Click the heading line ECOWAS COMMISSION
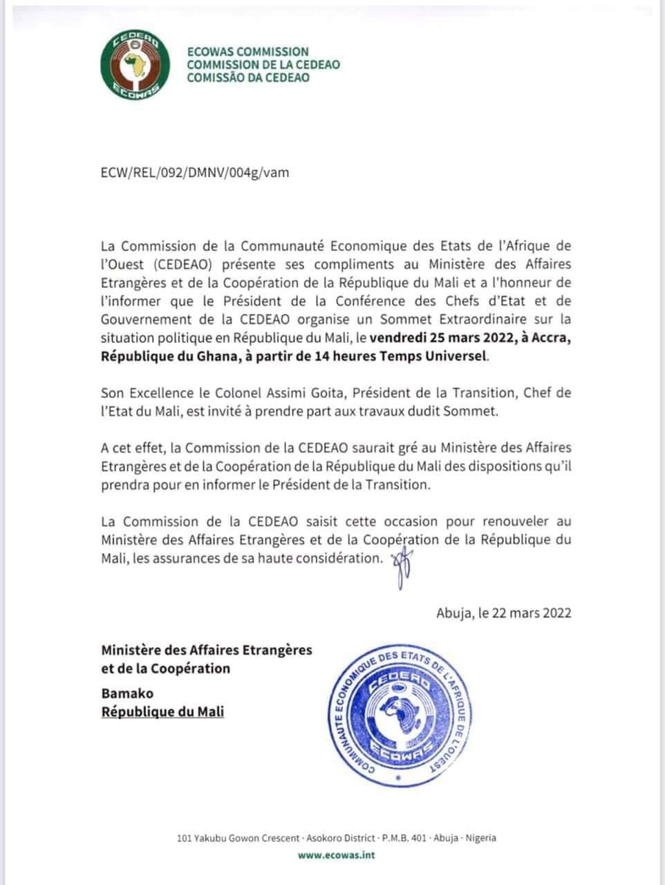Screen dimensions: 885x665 248,52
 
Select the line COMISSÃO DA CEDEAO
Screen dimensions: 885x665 248,77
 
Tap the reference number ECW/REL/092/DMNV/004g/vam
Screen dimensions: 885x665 195,172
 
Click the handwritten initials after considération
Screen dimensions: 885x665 402,568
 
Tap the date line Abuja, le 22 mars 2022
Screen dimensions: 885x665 504,613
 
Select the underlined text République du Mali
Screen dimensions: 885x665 162,712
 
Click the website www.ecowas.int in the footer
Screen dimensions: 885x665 336,855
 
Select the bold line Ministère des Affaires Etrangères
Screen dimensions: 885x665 207,650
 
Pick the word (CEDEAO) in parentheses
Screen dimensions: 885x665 166,265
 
